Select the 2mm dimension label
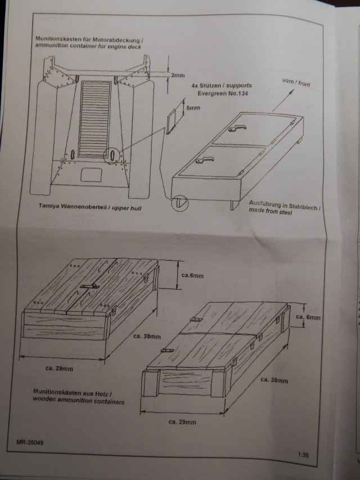[x=178, y=74]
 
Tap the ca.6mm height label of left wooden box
[x=196, y=275]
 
